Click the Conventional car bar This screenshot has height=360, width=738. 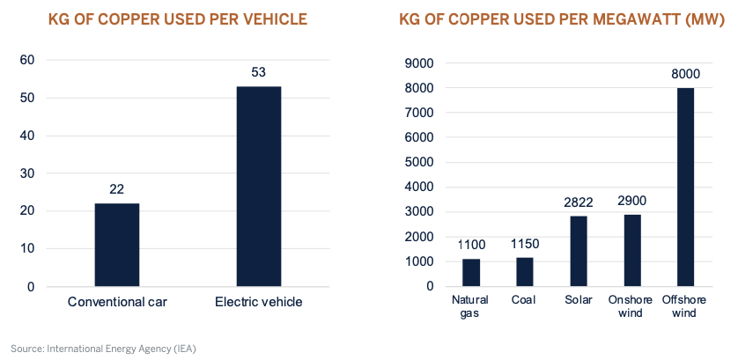click(116, 245)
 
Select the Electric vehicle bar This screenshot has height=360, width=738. click(259, 187)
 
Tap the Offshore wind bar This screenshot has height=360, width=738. click(684, 187)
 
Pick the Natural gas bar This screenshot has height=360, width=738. click(471, 272)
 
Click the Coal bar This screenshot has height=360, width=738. click(525, 271)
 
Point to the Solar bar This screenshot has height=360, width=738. click(578, 251)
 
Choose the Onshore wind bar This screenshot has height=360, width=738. click(631, 250)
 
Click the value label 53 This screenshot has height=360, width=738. click(259, 72)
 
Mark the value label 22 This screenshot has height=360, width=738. click(116, 188)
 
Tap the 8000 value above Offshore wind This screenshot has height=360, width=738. click(684, 74)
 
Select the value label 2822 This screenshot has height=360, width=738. click(578, 202)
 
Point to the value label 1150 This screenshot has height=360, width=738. click(525, 244)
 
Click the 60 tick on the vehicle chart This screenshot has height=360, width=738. click(27, 60)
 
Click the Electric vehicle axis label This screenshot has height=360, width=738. click(259, 302)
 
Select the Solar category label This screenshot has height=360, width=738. click(578, 300)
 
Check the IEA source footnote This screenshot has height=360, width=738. click(103, 349)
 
